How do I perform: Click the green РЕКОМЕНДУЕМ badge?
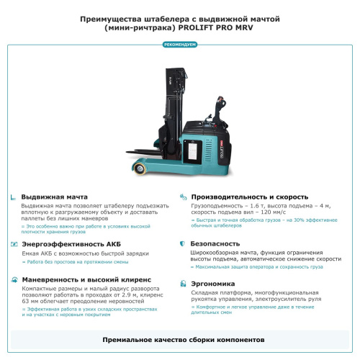pos(179,45)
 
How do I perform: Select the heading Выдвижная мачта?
pos(55,197)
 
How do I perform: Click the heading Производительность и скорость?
pos(249,197)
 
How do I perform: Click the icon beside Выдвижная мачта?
pos(14,197)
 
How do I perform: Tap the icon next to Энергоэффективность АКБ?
pos(14,244)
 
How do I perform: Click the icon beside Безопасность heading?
pos(184,244)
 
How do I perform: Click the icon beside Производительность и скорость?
pos(184,197)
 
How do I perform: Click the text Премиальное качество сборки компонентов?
pos(179,338)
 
